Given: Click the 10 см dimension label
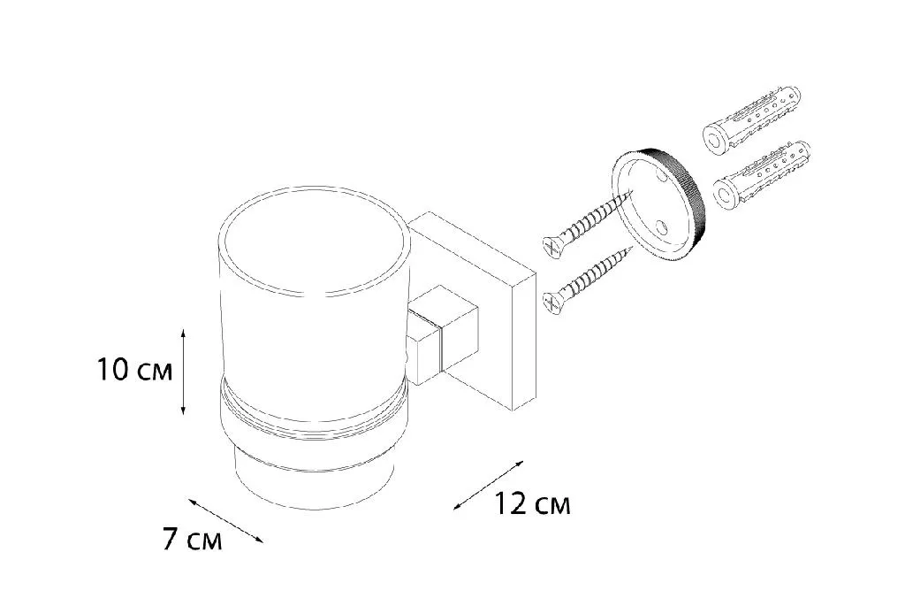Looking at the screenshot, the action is point(135,370).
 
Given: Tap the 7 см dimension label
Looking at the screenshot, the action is point(192,540).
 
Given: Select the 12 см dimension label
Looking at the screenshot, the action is point(531,503).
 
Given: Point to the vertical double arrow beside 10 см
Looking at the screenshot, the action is point(183,372).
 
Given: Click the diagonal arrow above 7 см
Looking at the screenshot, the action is point(225,520).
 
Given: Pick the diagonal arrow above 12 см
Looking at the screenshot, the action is point(488,485).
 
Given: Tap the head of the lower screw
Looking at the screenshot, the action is point(552,303).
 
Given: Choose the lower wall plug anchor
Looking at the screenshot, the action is point(762,174).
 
